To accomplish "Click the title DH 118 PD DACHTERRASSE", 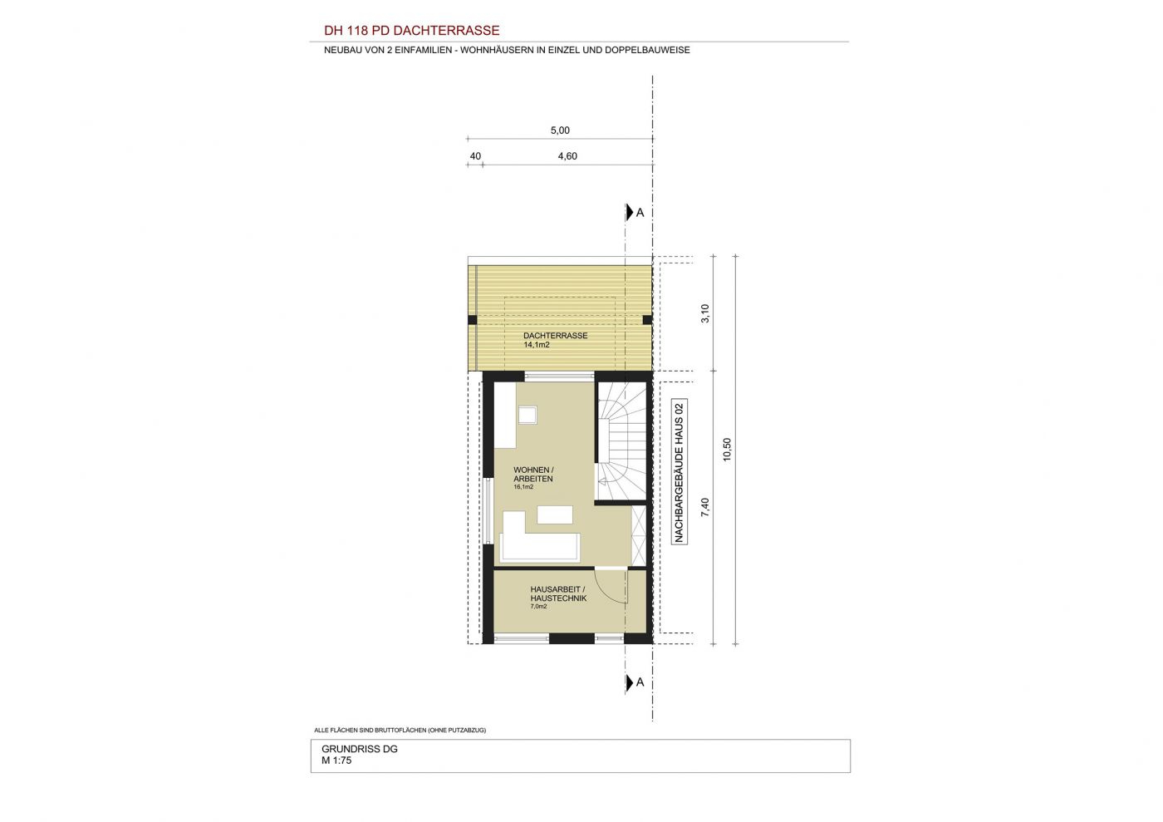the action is (x=412, y=31).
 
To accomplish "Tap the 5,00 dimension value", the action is (x=560, y=130).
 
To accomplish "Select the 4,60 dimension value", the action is (x=567, y=156).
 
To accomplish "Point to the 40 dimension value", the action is (x=475, y=156).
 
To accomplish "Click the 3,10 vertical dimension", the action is (x=705, y=313).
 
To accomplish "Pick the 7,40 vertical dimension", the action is (x=705, y=507).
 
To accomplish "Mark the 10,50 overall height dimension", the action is (x=727, y=450).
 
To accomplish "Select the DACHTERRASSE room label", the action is (x=556, y=336).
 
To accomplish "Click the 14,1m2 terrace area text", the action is (x=537, y=344).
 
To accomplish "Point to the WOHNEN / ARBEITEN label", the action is (x=533, y=475).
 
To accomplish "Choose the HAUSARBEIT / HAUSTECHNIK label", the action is (x=558, y=594).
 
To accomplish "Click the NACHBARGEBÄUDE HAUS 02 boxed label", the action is (x=680, y=471).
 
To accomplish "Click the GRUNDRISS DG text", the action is (x=359, y=749).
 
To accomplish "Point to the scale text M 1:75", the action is (x=336, y=760).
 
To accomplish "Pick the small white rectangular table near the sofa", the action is (x=555, y=514).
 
